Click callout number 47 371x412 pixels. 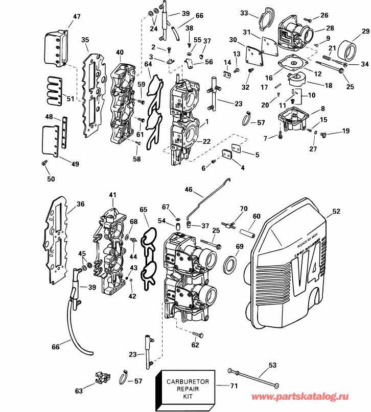coord(77,17)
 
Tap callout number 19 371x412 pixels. coord(346,132)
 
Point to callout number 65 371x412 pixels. coord(144,209)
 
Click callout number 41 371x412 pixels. coord(112,195)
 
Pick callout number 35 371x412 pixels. coord(85,40)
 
